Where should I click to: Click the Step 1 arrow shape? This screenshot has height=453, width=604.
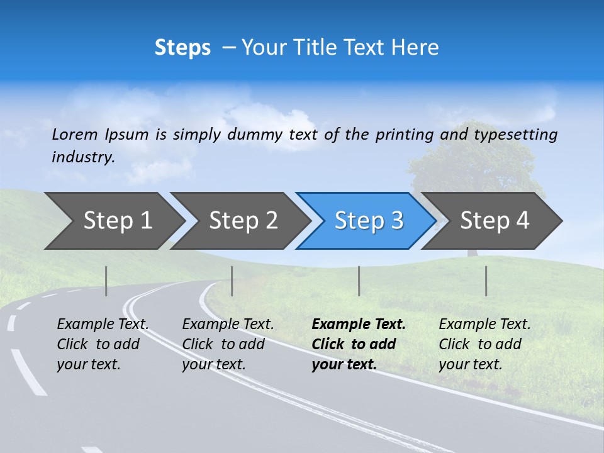116,221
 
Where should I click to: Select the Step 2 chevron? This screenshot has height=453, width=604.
243,221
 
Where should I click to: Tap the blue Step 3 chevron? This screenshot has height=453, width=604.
368,221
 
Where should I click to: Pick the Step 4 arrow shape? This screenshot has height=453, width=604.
495,221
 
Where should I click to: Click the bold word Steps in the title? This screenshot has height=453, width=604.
182,48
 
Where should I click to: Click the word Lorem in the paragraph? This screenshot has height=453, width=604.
74,134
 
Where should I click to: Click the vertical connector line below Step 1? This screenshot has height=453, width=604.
106,281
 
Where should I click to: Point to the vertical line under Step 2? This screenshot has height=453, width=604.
232,281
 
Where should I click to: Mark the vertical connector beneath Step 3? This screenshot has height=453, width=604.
359,281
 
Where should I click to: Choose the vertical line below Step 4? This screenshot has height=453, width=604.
486,281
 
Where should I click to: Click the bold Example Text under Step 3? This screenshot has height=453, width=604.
359,325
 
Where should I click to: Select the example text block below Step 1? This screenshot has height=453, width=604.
103,344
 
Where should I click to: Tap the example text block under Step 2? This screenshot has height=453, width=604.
228,344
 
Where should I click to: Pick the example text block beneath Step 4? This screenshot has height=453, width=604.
484,344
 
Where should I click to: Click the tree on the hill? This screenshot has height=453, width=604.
469,167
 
